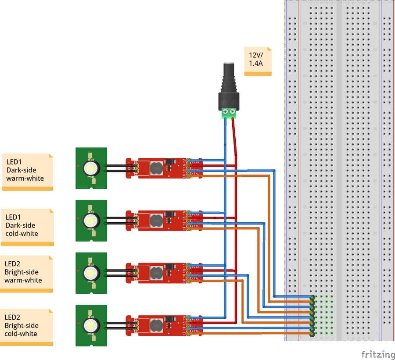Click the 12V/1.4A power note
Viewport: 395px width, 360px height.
[x=258, y=61]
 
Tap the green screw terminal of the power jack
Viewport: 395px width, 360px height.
[x=229, y=113]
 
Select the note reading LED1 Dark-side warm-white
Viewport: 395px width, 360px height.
[x=27, y=171]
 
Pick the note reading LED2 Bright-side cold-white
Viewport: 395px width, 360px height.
[x=27, y=327]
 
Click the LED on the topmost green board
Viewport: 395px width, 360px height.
[x=91, y=168]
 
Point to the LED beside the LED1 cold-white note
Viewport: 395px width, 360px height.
[x=91, y=220]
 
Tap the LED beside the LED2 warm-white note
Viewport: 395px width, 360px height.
[x=91, y=273]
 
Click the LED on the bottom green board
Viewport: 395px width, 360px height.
[x=91, y=325]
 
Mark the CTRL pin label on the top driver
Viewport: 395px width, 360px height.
[x=195, y=175]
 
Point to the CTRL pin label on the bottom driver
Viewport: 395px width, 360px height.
[x=195, y=332]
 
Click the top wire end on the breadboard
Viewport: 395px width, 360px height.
[x=312, y=297]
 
